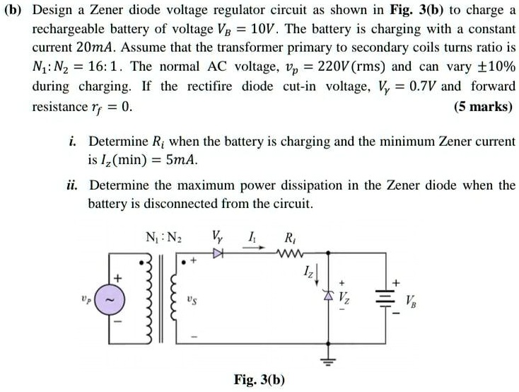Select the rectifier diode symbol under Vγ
coord(217,250)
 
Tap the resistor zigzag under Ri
coord(291,250)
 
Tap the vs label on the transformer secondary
coord(193,299)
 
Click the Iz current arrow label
coord(310,270)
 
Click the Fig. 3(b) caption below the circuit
coord(259,379)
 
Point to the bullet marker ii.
coord(74,185)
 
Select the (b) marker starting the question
coord(16,11)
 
